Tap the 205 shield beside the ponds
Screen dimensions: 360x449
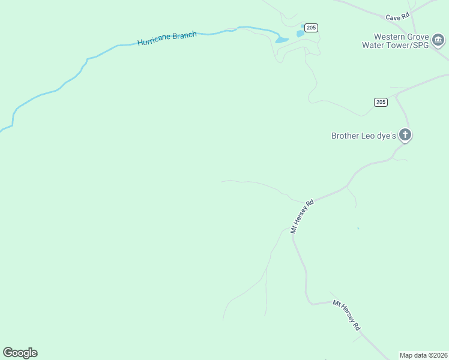pos(311,28)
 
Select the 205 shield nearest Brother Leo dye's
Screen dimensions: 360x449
pos(381,102)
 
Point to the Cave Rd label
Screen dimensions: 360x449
pos(397,17)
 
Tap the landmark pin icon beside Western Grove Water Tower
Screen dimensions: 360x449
pos(439,40)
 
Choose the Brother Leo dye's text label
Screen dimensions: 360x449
pos(364,136)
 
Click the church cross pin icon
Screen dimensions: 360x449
pos(406,135)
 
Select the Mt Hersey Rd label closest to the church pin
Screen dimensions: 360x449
pos(302,216)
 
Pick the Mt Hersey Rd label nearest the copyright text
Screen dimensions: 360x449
pos(346,316)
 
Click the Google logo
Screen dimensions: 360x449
pos(20,353)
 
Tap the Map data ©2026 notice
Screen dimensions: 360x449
pos(424,355)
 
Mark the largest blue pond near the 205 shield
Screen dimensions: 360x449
pos(281,40)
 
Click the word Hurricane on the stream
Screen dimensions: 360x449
pos(154,41)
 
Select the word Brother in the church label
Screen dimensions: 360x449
pos(346,136)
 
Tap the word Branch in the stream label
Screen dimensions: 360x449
pos(185,36)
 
